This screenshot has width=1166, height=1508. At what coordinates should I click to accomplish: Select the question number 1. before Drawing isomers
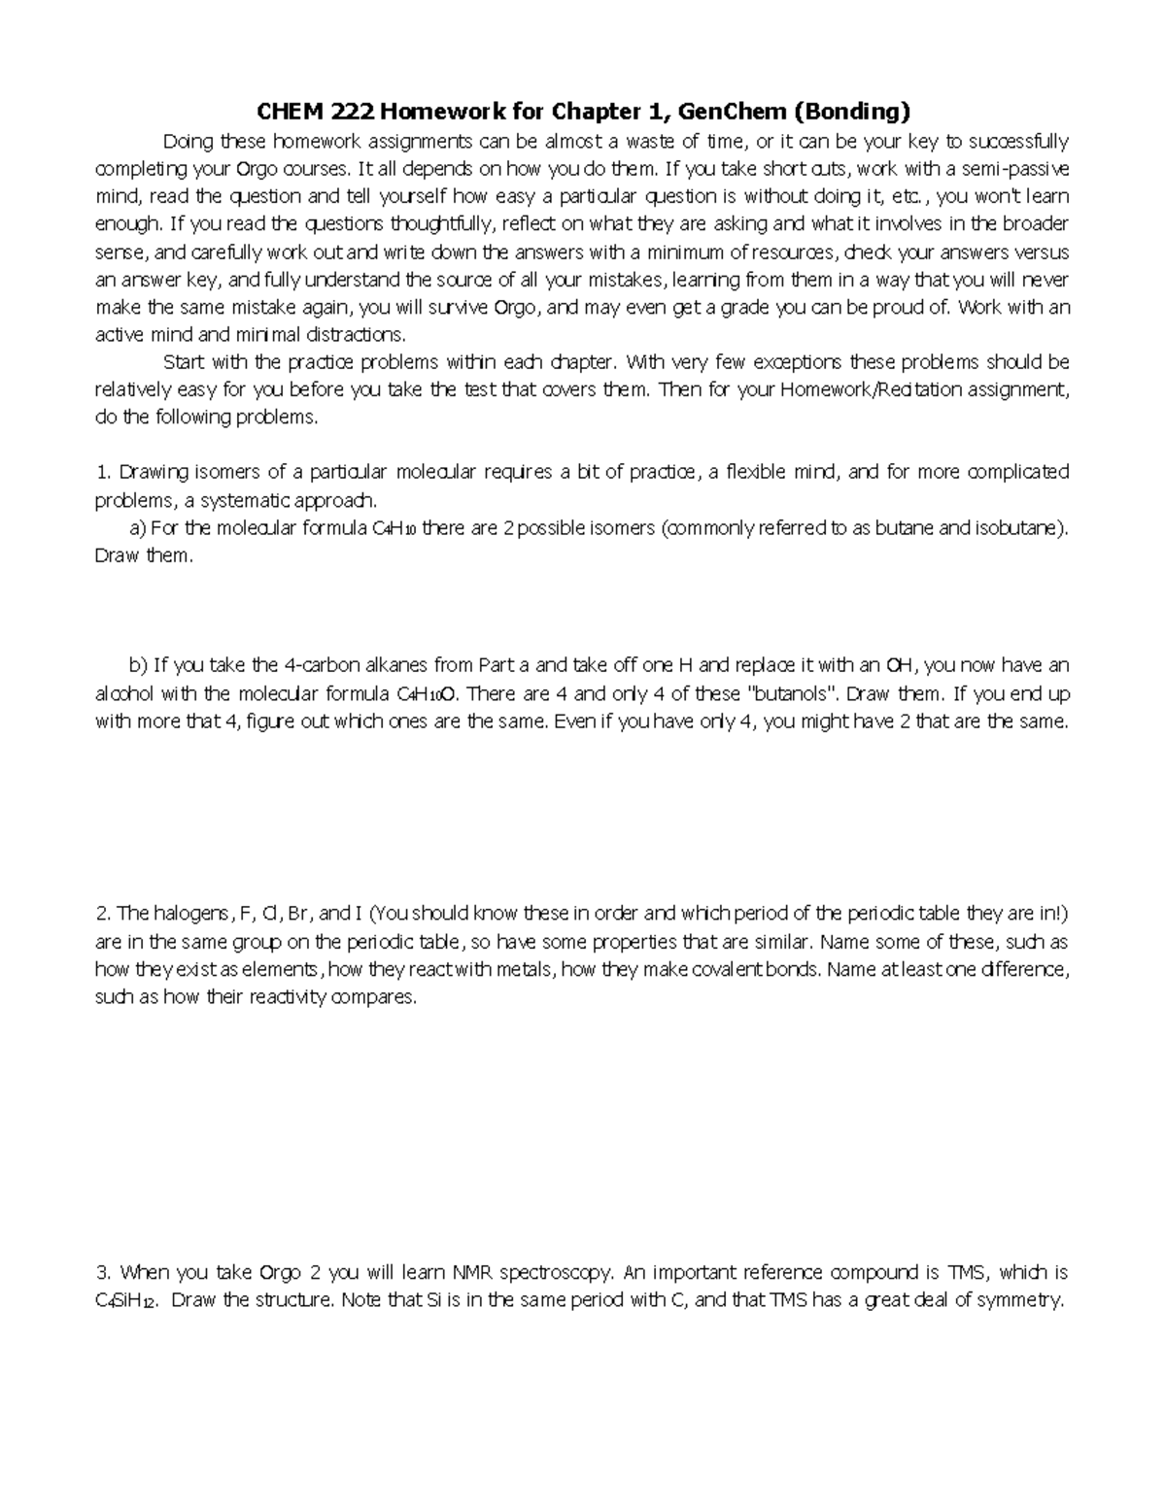click(103, 473)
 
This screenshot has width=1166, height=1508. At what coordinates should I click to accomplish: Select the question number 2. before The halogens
click(103, 914)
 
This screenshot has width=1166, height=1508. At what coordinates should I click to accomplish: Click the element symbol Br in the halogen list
click(297, 914)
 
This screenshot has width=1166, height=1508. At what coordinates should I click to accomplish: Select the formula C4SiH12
click(124, 1301)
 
